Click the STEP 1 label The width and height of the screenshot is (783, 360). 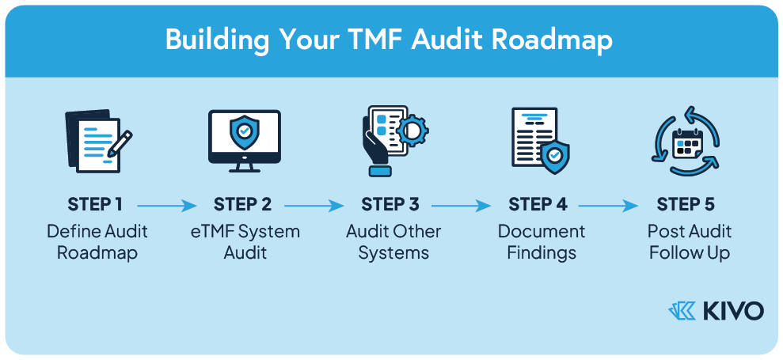pos(95,205)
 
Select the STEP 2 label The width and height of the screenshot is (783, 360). pos(242,205)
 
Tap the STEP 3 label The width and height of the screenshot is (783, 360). pos(390,205)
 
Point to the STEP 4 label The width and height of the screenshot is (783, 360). pos(538,205)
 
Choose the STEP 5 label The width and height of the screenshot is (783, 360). pos(686,205)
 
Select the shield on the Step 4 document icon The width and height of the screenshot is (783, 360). pos(555,154)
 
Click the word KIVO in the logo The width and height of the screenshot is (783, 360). pos(732,311)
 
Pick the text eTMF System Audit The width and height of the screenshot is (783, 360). pos(245,242)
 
